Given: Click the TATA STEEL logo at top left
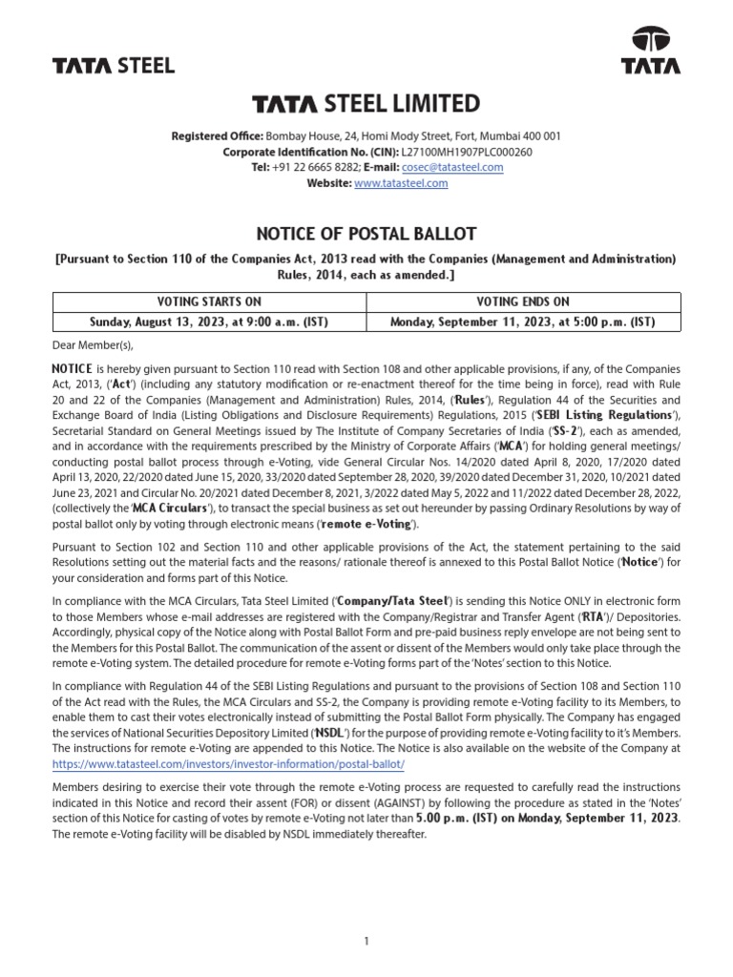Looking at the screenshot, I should pos(113,65).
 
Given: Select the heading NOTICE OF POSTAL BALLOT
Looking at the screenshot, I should pos(366,234).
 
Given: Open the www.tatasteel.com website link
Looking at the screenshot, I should pos(401,183).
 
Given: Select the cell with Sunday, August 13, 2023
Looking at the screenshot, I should pos(208,322).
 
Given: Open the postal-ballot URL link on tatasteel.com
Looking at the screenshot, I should pos(229,765).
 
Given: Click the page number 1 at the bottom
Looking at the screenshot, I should pos(366,915).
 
